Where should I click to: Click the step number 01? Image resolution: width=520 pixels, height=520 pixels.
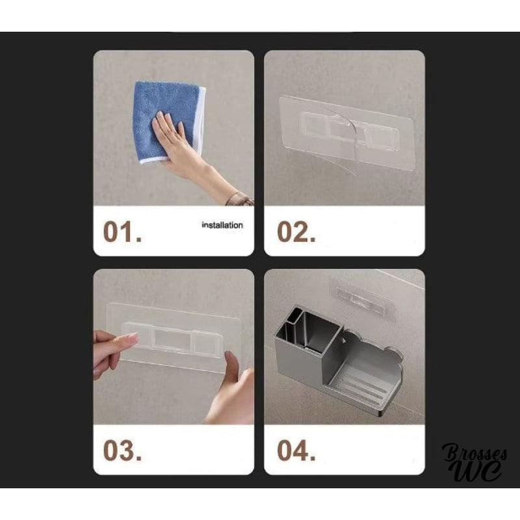(122, 231)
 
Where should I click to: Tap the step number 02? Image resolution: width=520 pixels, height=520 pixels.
(296, 231)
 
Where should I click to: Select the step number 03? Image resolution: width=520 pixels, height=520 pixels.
(122, 450)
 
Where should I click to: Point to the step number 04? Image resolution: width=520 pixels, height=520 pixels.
(296, 450)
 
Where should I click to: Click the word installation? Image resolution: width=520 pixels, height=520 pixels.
(222, 226)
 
